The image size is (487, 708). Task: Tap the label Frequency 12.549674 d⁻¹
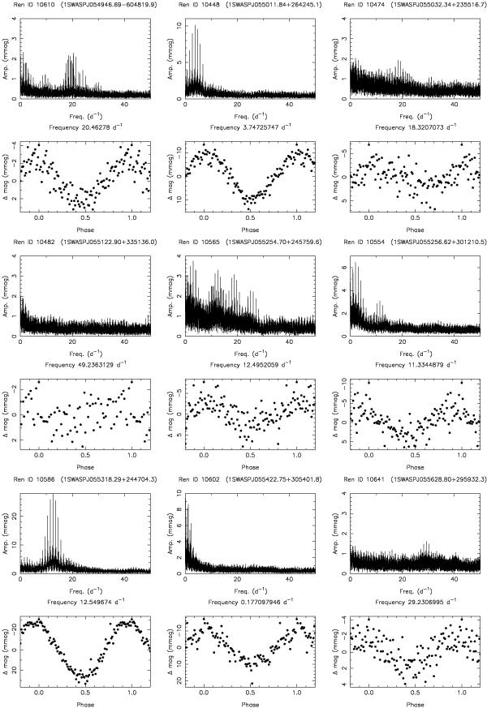pyautogui.click(x=85, y=600)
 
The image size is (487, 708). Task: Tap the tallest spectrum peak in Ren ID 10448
pyautogui.click(x=195, y=26)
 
